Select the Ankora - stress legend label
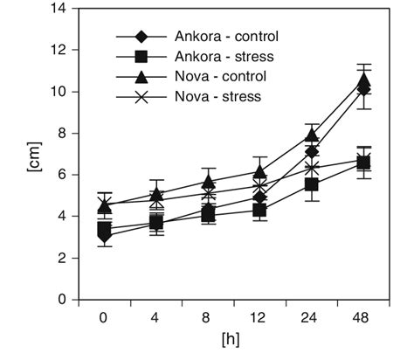tap(224, 58)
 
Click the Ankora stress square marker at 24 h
tap(312, 184)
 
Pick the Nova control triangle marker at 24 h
tap(312, 135)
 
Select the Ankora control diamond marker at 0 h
tap(105, 236)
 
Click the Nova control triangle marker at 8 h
tap(208, 181)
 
